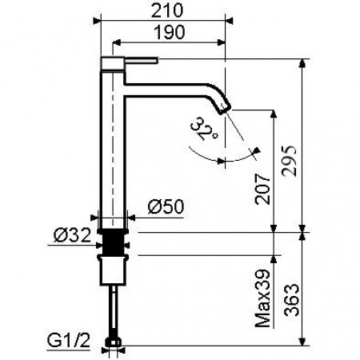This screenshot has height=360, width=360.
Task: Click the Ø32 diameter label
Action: coord(72,234)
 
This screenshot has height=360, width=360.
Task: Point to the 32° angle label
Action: coord(205,129)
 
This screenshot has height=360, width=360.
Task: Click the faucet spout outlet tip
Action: coord(227,106)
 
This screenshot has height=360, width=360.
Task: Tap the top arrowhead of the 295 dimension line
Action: coord(303,63)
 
